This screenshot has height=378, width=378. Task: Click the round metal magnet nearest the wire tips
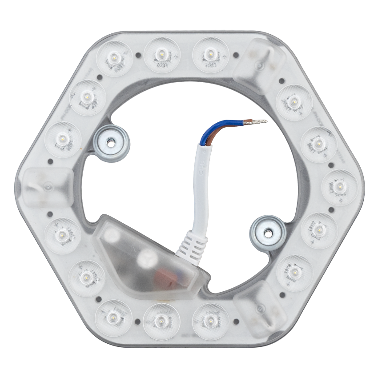110,142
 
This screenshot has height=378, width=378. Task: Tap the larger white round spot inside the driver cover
145,258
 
